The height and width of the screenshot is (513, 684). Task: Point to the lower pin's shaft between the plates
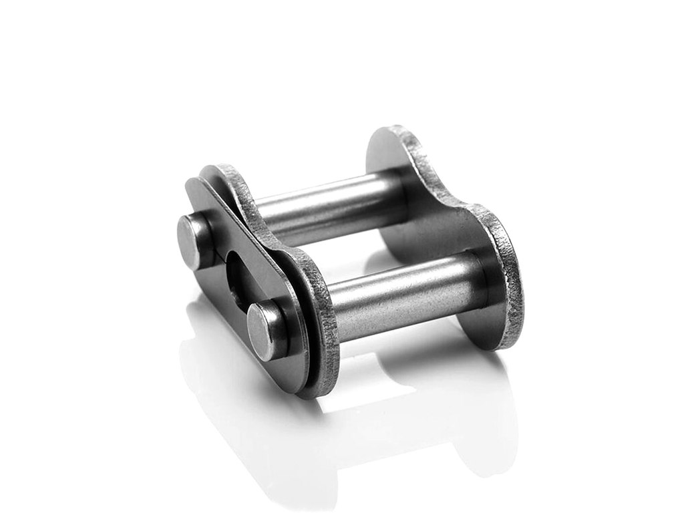[401, 294]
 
